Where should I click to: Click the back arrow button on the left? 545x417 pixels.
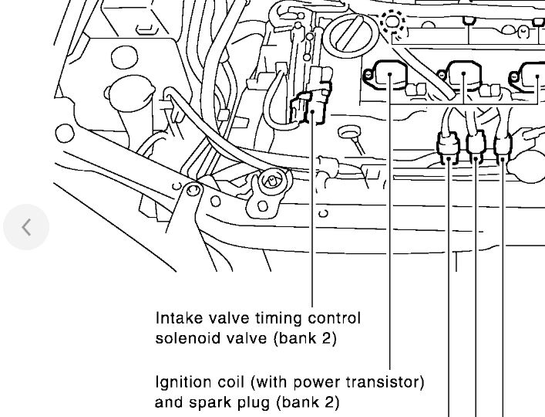click(x=25, y=227)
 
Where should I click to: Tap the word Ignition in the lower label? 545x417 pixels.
click(x=180, y=381)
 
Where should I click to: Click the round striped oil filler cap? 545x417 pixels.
click(x=352, y=34)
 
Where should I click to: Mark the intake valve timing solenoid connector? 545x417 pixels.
click(x=311, y=109)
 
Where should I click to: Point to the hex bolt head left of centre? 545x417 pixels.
click(x=270, y=180)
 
